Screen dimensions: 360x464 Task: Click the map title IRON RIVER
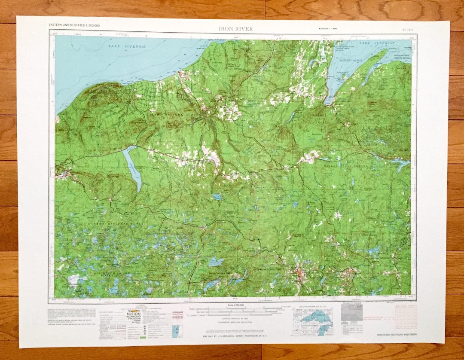pyautogui.click(x=235, y=29)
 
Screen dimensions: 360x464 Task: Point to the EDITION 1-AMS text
pyautogui.click(x=325, y=29)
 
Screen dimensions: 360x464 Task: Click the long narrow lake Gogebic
pyautogui.click(x=132, y=168)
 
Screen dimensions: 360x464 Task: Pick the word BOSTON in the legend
pyautogui.click(x=133, y=314)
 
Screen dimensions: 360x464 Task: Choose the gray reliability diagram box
pyautogui.click(x=351, y=312)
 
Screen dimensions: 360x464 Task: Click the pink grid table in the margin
pyautogui.click(x=406, y=317)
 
